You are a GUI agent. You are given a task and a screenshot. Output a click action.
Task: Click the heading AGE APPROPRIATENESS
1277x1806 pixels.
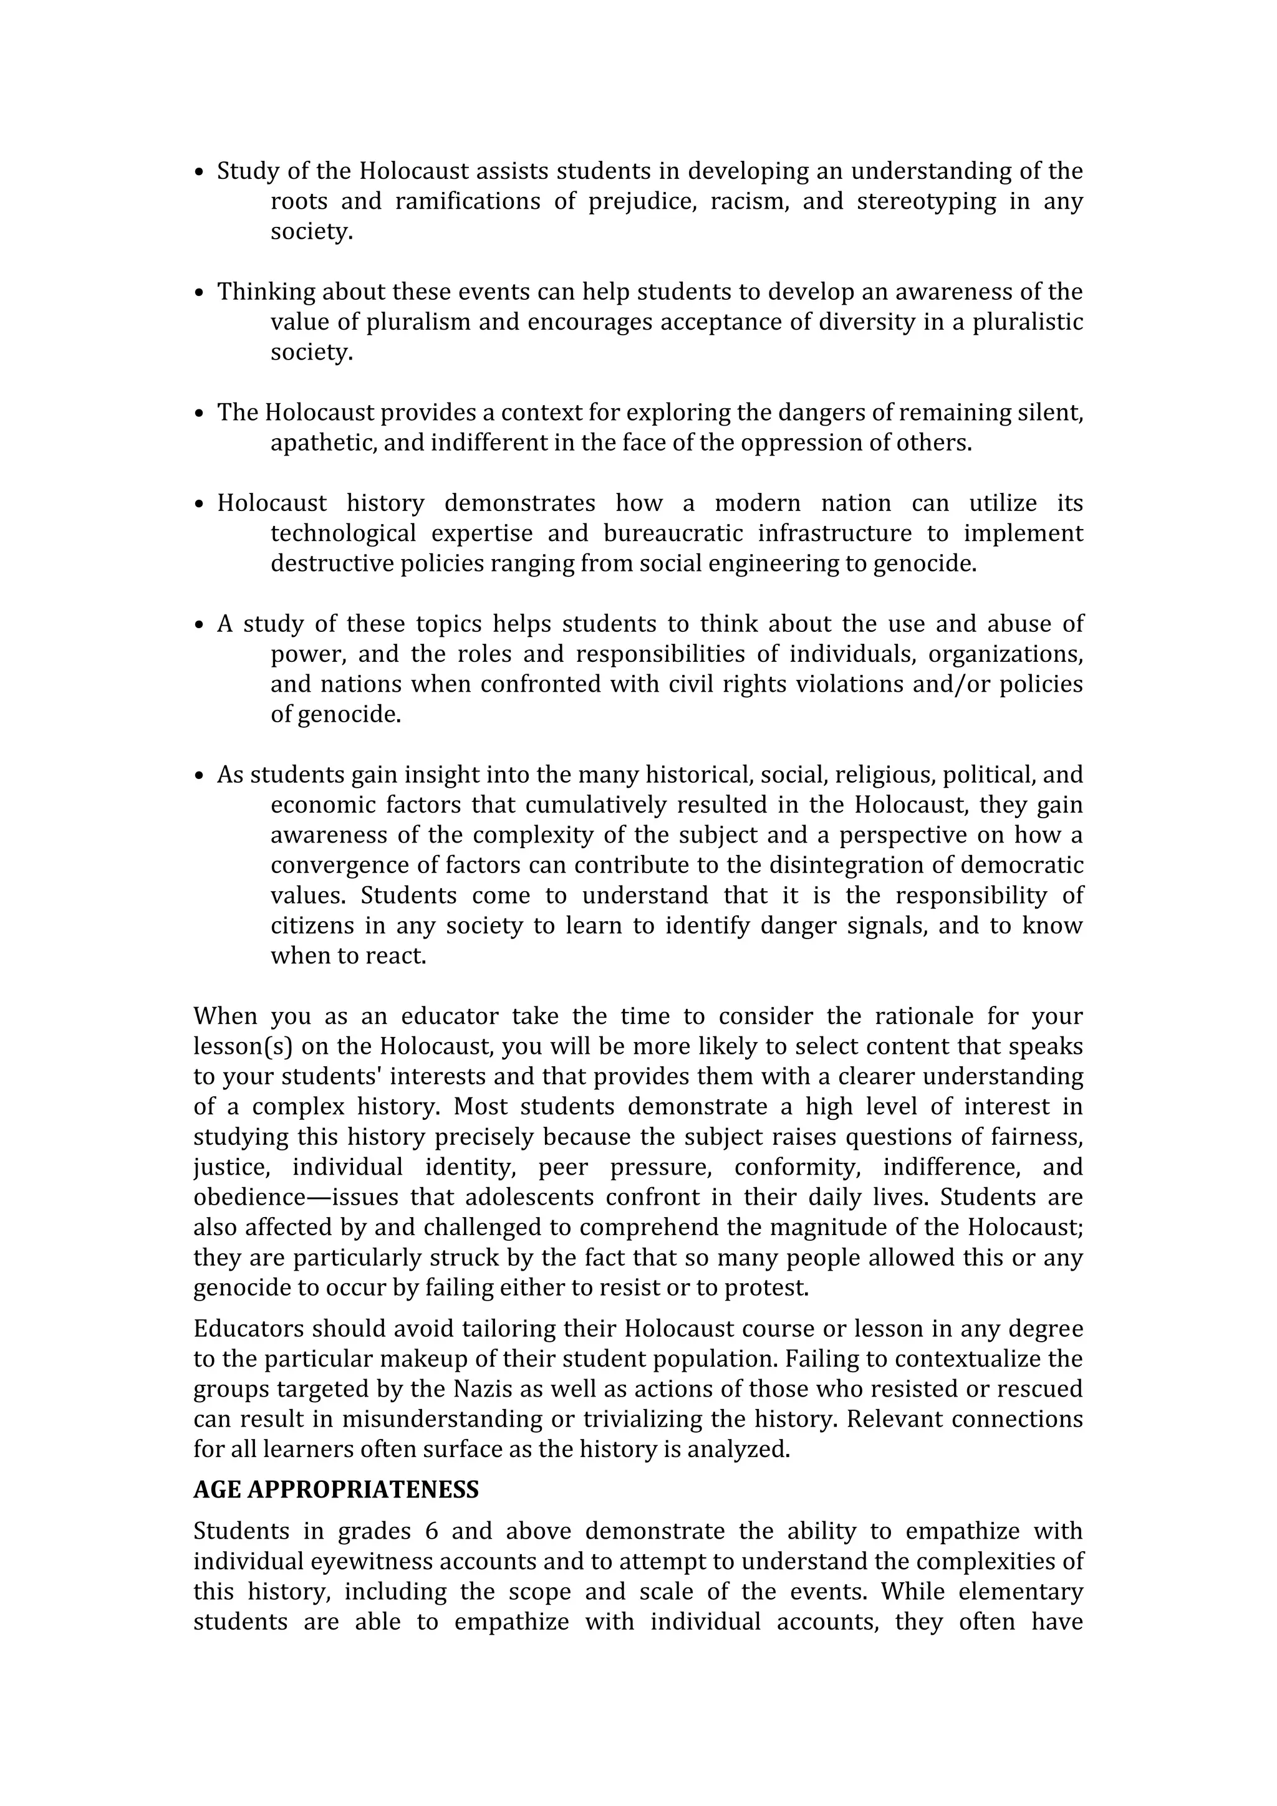[336, 1490]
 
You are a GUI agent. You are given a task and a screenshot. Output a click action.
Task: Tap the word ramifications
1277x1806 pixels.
[468, 201]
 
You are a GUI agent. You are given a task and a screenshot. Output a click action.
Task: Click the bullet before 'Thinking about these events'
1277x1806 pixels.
[199, 293]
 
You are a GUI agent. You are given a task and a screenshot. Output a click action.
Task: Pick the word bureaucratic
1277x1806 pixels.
[673, 534]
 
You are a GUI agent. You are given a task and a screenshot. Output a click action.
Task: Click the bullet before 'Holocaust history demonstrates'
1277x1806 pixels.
[199, 504]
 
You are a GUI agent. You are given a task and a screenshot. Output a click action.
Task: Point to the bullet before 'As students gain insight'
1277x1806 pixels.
[199, 776]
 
